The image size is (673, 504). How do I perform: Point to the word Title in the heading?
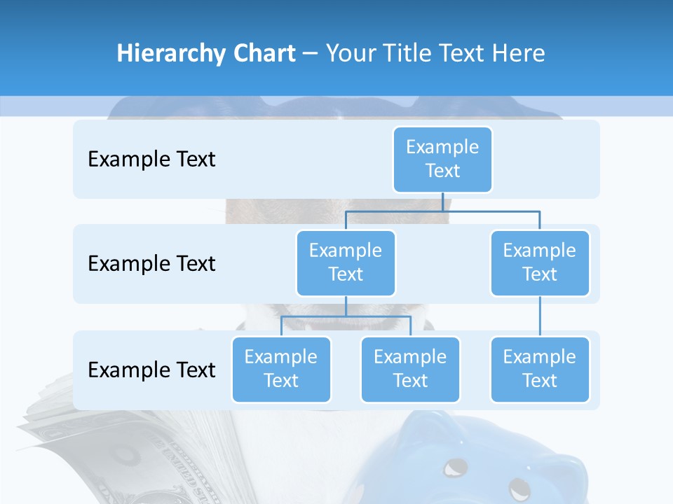click(410, 54)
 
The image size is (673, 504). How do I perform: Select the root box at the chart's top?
click(442, 159)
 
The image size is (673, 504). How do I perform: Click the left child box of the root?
click(346, 262)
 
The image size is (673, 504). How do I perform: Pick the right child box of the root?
click(540, 262)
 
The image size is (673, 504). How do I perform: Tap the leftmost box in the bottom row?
click(281, 369)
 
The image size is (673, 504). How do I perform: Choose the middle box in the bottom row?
click(410, 369)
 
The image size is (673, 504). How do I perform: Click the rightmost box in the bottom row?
click(540, 369)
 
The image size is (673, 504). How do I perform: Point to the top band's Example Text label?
click(151, 159)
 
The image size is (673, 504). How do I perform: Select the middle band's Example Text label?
click(151, 263)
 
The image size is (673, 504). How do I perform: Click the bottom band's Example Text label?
click(151, 370)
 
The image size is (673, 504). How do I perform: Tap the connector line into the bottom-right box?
click(540, 316)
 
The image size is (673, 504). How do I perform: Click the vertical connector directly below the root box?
click(442, 202)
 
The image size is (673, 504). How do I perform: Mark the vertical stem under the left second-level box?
click(346, 306)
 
